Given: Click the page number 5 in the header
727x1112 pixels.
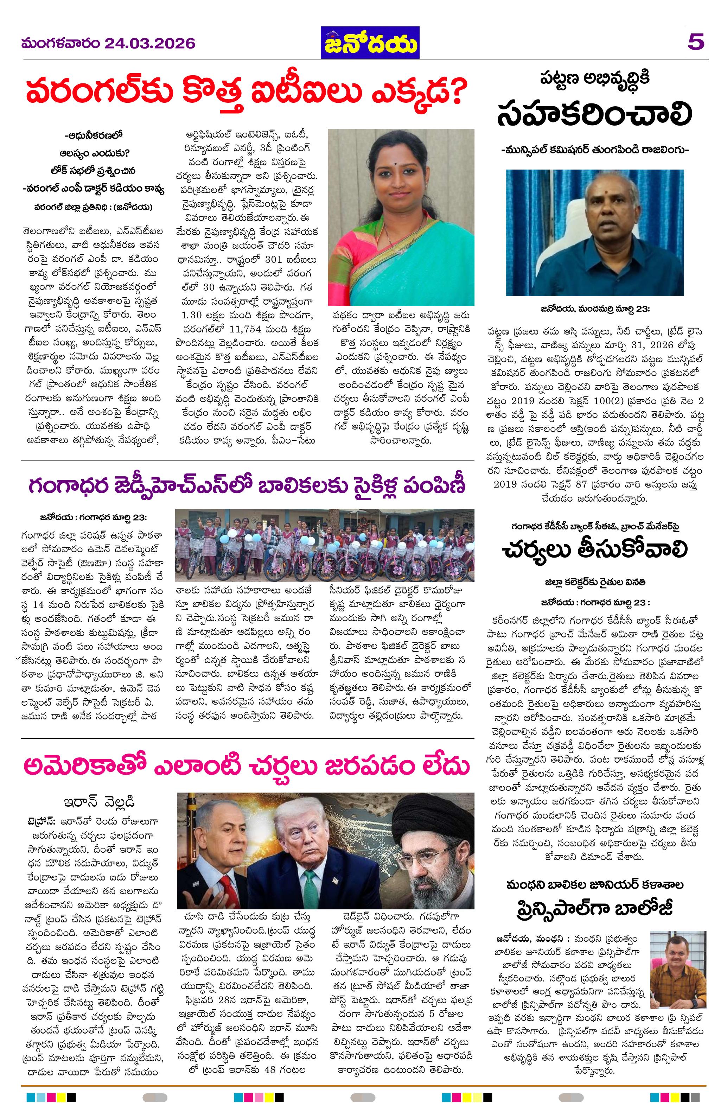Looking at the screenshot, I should click(x=696, y=43).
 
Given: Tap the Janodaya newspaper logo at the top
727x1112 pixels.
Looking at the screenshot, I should click(x=370, y=43).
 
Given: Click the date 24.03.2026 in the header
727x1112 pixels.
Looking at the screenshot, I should click(x=149, y=44).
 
